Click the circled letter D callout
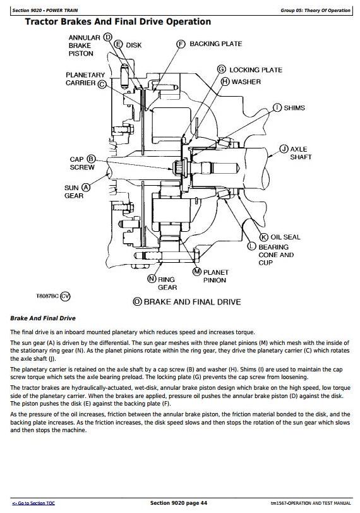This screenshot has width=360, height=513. pos(107,37)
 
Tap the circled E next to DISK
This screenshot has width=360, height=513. pos(118,44)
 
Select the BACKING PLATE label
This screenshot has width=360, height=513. pos(216,44)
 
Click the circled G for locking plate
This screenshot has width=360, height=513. pos(222,69)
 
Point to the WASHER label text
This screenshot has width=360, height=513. pos(246,81)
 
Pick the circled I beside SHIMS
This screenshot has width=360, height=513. pos(277,107)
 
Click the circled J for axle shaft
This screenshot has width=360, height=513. pos(284,149)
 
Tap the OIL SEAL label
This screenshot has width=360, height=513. pos(285,237)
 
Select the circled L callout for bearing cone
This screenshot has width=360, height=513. pos(251,246)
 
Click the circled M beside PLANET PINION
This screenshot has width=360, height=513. pos(197,272)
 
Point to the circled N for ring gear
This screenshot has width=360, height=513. pos(152,279)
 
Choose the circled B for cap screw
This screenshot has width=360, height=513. pos(91,159)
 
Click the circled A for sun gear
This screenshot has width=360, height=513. pos(86,188)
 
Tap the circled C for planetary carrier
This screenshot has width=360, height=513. pos(102,85)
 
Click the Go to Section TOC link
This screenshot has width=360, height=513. pos(33,503)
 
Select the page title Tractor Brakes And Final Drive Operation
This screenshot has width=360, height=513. pos(118,22)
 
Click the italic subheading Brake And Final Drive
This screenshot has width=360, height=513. pos(43,318)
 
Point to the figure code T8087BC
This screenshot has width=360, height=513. pos(47,296)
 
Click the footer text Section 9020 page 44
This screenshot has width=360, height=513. pos(179,503)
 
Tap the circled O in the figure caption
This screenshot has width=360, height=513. pos(137,301)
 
